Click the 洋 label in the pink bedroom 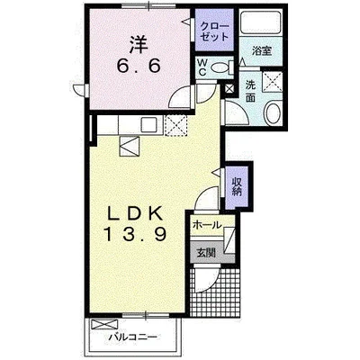pos(139,44)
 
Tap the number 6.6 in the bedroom pos(139,67)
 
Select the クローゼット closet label pos(214,31)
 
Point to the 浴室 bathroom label pos(262,50)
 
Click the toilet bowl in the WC pos(220,67)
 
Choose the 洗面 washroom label pos(250,92)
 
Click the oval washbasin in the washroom pos(274,112)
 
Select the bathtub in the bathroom pos(261,22)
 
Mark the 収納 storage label pos(236,186)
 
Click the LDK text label pos(135,213)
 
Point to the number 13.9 pos(135,233)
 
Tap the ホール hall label pos(207,224)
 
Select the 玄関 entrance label pos(206,253)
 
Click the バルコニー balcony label pos(132,337)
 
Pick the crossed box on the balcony pos(105,325)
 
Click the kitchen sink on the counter pos(149,124)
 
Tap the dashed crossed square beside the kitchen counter pos(175,126)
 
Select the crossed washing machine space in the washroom pos(273,82)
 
